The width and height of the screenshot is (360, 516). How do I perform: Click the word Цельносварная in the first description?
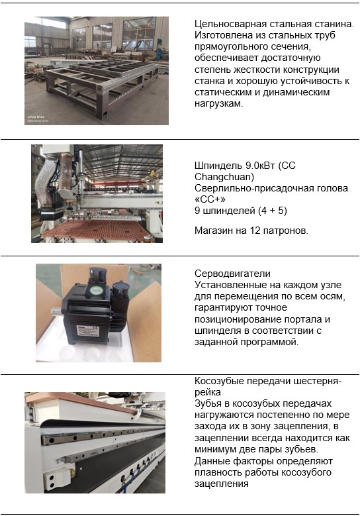click(x=230, y=24)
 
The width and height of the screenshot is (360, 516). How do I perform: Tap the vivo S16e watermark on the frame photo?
click(x=36, y=117)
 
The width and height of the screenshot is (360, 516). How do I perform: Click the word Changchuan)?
click(x=224, y=177)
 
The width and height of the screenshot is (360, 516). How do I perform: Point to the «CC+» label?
click(x=210, y=199)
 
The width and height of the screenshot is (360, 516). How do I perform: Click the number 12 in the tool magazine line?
click(x=255, y=231)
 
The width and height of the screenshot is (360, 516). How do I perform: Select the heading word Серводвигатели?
click(x=232, y=274)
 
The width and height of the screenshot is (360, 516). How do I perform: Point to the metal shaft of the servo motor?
click(x=56, y=311)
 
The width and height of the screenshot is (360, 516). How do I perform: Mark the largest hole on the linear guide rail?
click(x=52, y=440)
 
